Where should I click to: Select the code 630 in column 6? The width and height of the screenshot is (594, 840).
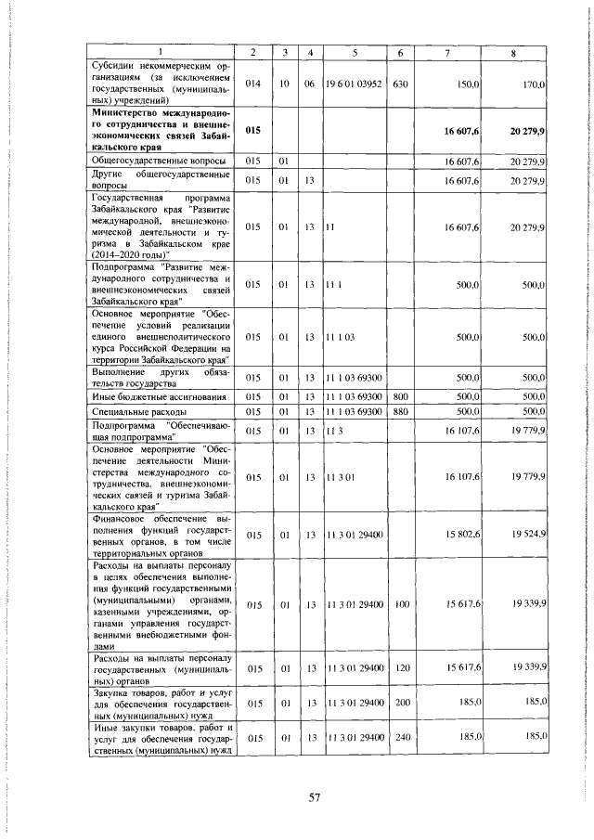point(401,84)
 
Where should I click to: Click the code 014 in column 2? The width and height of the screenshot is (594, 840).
point(252,84)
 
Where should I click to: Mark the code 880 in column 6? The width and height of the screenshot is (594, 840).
point(401,410)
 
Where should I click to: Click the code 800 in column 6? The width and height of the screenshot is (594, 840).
point(401,396)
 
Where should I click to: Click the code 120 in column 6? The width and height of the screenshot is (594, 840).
point(401,668)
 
